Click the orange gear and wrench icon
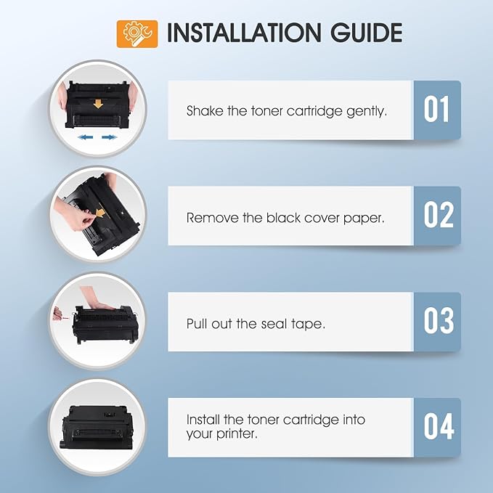137,34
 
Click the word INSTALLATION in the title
244,33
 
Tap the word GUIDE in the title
366,33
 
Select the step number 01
436,109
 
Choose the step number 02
439,215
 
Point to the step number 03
439,321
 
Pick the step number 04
439,426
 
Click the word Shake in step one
205,111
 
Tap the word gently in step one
367,112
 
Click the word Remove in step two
213,218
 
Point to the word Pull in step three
197,324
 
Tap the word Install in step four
203,420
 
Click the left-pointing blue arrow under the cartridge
85,137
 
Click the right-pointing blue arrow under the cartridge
110,137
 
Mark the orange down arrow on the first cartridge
98,104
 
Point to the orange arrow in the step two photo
100,213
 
